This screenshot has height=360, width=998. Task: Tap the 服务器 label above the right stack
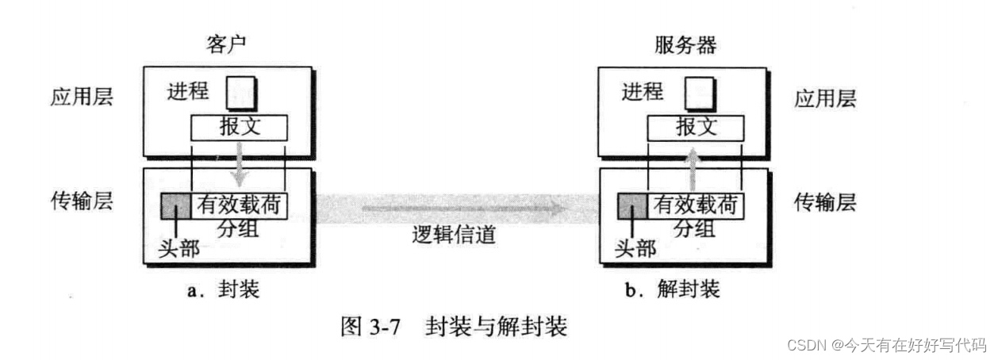click(x=685, y=44)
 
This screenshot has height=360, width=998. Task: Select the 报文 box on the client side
click(x=239, y=127)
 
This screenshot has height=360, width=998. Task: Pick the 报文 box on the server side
click(x=696, y=127)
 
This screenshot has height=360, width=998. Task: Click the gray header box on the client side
click(x=175, y=206)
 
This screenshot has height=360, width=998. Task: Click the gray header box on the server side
click(x=633, y=206)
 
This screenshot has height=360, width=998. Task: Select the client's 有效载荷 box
click(x=239, y=206)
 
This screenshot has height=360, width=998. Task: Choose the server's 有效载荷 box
click(x=696, y=206)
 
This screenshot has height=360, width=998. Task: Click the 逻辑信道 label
click(x=455, y=235)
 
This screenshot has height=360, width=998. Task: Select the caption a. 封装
click(x=223, y=289)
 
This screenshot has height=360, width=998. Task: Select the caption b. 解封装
click(x=672, y=289)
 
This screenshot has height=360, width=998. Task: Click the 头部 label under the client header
click(x=178, y=249)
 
